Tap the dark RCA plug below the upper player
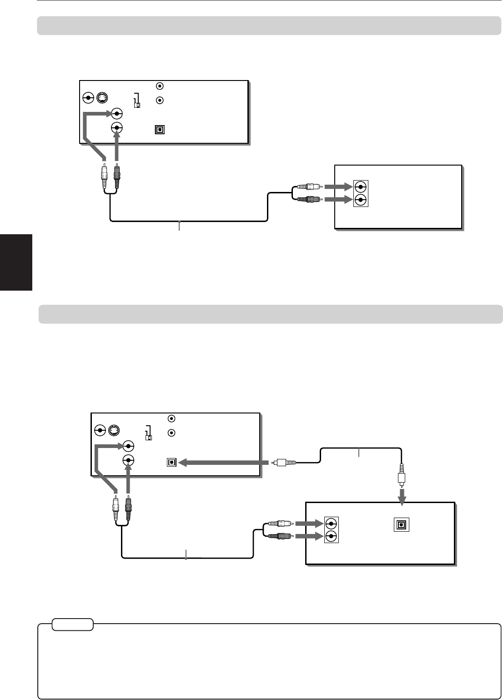coord(117,176)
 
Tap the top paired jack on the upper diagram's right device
coord(360,186)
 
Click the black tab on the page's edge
coord(16,262)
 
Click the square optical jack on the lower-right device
coord(402,524)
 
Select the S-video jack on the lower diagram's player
coord(113,430)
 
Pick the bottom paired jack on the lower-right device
coord(332,536)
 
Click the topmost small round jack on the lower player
coord(171,418)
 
